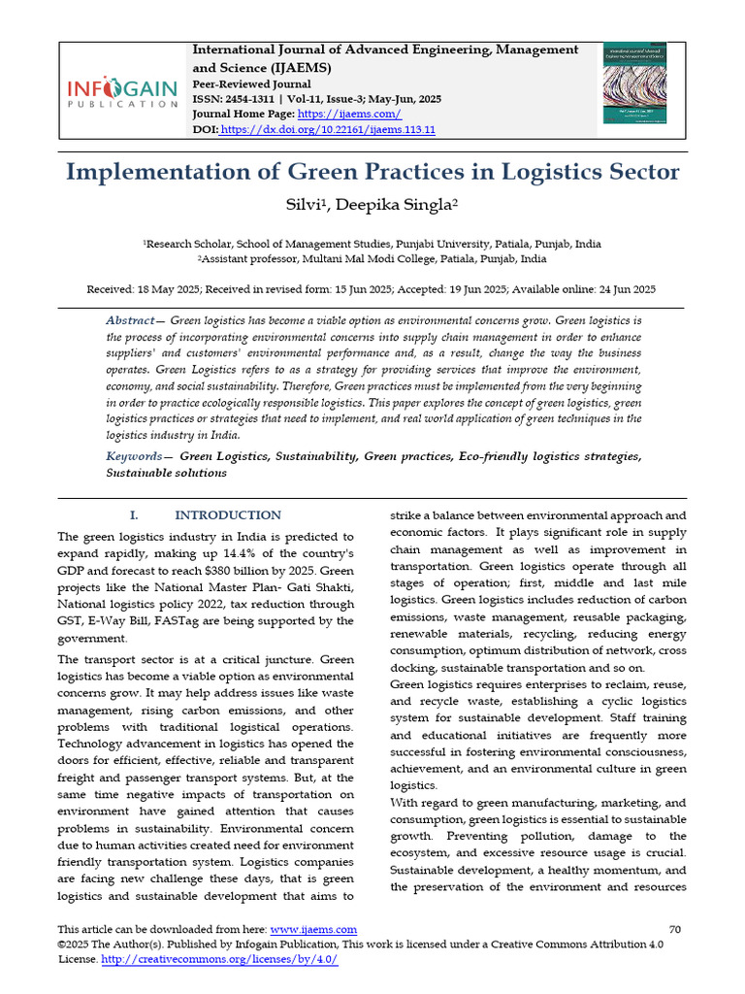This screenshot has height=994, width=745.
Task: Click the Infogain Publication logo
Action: click(122, 93)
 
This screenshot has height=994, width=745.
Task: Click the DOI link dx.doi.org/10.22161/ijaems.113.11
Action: click(328, 129)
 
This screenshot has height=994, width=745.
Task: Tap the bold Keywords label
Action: click(134, 456)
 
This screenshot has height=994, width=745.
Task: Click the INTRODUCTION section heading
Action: click(228, 515)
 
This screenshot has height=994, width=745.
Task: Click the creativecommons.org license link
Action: click(219, 959)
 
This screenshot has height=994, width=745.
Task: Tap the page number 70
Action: click(676, 930)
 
